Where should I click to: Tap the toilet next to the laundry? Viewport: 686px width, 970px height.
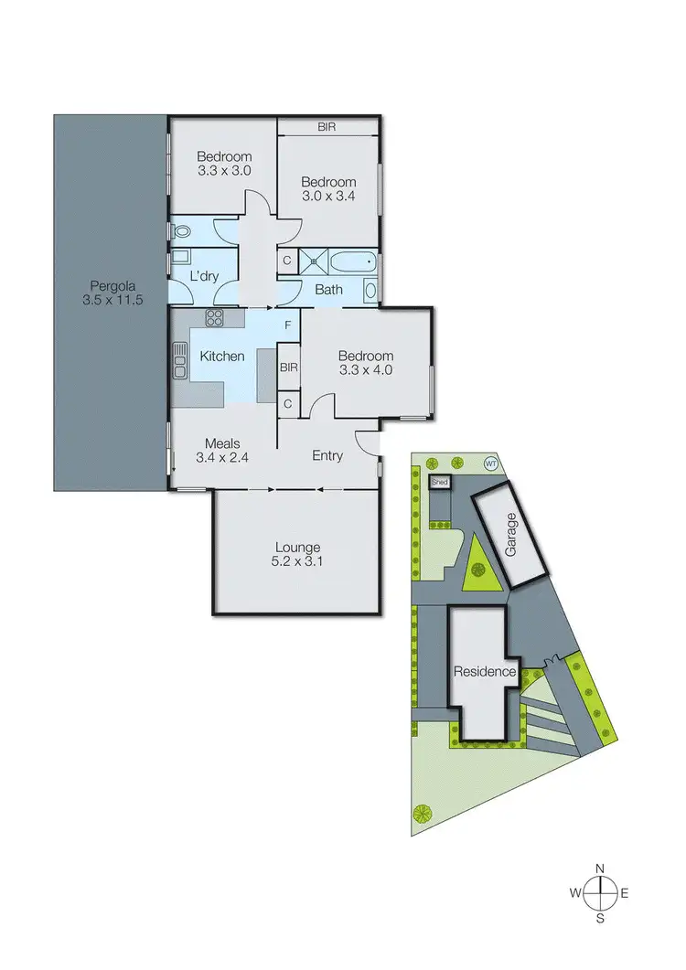(175, 230)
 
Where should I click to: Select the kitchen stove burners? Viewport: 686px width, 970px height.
(215, 318)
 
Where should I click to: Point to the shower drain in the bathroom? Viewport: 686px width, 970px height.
(315, 261)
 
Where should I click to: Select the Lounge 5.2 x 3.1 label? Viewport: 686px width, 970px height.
(295, 555)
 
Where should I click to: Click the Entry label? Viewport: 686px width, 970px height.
(327, 454)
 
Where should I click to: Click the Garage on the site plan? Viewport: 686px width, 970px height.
(512, 535)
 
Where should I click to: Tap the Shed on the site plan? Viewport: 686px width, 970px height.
(440, 481)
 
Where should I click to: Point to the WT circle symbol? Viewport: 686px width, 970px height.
(490, 463)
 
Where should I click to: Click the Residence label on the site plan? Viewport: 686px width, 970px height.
(485, 672)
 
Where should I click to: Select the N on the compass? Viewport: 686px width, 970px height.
(600, 869)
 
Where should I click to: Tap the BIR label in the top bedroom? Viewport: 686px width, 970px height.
(327, 127)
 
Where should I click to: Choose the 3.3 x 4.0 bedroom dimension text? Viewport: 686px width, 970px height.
(365, 370)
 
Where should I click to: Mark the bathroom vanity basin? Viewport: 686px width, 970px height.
(370, 291)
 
